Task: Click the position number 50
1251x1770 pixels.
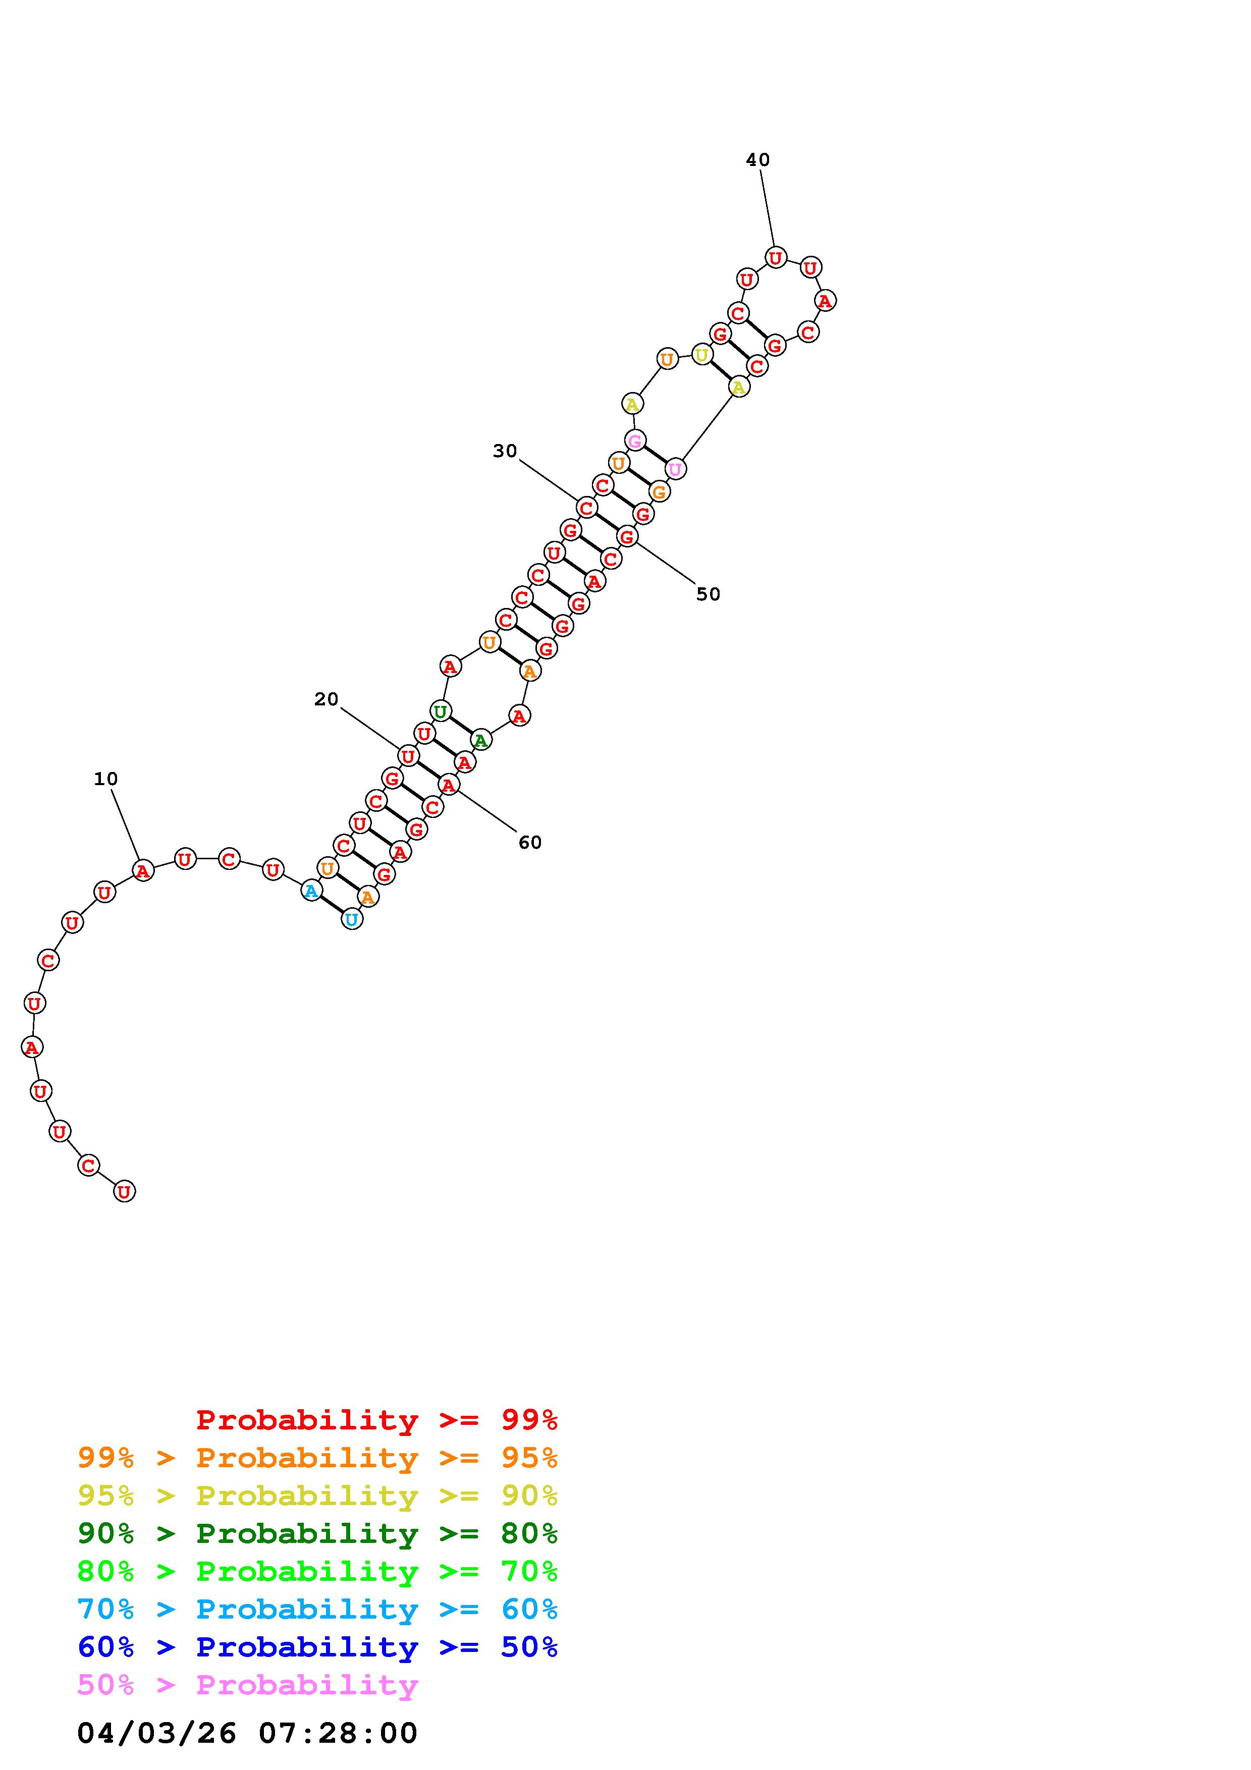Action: (x=709, y=594)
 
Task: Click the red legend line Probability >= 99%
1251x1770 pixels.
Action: (x=377, y=1420)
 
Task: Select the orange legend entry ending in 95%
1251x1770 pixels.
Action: (x=317, y=1458)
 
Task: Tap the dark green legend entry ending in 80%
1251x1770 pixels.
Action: (x=317, y=1533)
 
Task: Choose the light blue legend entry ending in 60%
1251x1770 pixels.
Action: (x=317, y=1609)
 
